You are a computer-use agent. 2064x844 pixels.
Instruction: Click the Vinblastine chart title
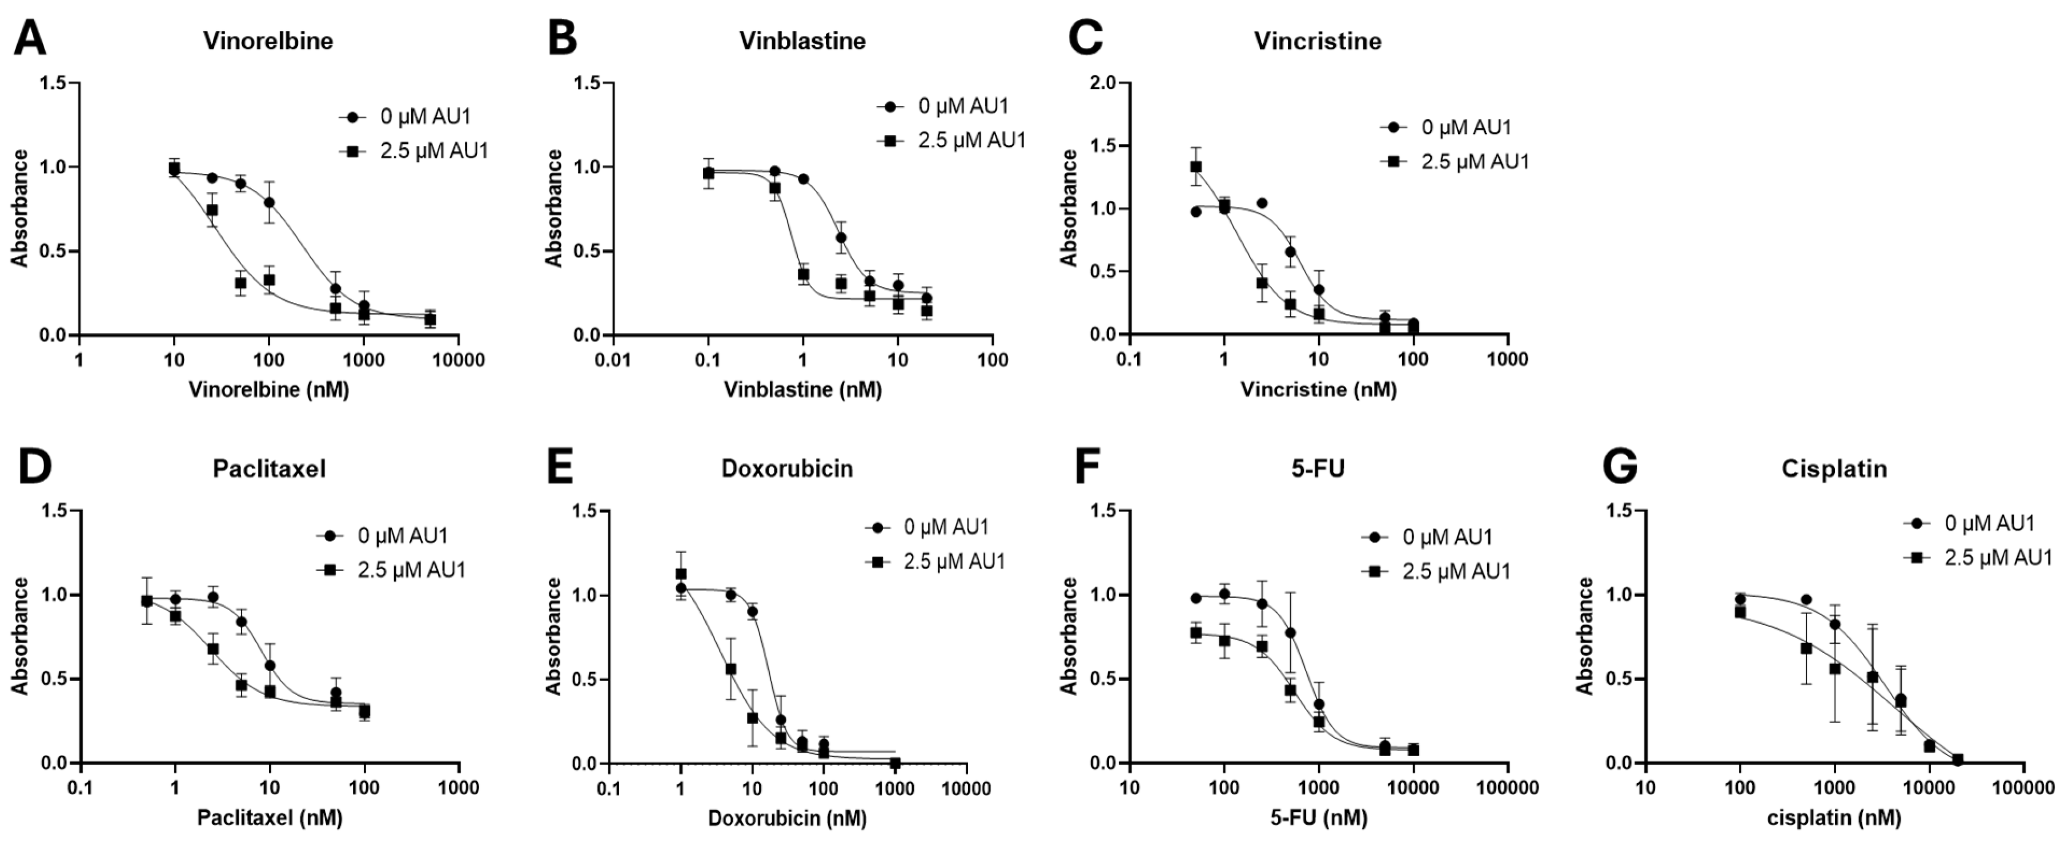click(802, 41)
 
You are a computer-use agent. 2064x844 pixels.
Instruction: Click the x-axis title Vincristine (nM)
click(1318, 390)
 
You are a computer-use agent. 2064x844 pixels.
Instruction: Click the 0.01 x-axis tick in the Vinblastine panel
click(614, 360)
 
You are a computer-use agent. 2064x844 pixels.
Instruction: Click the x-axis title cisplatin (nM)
click(1833, 818)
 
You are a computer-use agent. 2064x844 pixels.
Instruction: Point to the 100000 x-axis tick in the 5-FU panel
click(1507, 788)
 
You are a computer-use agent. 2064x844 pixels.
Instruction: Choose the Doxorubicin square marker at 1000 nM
click(895, 762)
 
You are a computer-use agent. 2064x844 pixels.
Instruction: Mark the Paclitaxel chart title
click(269, 469)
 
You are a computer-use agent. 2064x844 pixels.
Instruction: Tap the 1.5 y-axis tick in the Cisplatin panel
click(1620, 511)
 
